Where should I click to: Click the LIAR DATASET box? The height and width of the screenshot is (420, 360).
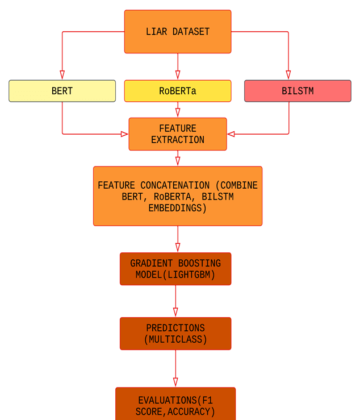[178, 32]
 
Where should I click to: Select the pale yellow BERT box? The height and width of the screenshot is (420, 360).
[62, 91]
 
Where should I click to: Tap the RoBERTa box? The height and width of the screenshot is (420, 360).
[178, 91]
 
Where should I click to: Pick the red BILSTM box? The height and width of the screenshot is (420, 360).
[298, 91]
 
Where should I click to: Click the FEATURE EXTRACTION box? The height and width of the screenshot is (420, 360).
[178, 134]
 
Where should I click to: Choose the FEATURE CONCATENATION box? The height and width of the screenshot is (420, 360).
[178, 196]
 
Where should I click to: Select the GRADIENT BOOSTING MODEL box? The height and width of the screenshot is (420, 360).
[175, 269]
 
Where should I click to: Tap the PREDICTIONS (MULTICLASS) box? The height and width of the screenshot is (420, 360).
[175, 334]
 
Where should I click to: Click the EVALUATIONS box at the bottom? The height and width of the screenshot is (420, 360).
[175, 405]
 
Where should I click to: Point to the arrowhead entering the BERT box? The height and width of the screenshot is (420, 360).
[62, 75]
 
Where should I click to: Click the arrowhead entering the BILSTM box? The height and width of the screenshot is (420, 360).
[288, 75]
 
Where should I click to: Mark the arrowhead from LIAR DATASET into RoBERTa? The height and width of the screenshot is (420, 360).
[178, 75]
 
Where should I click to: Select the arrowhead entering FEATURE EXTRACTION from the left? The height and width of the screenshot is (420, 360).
[124, 134]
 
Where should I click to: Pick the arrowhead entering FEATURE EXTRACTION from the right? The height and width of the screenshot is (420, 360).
[231, 134]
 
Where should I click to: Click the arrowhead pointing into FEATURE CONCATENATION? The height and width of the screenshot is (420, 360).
[178, 161]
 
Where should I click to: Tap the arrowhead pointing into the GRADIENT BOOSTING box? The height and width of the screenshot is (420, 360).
[178, 248]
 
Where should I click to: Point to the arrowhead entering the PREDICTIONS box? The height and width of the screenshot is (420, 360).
[175, 313]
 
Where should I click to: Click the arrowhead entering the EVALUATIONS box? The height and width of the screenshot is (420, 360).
[175, 382]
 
